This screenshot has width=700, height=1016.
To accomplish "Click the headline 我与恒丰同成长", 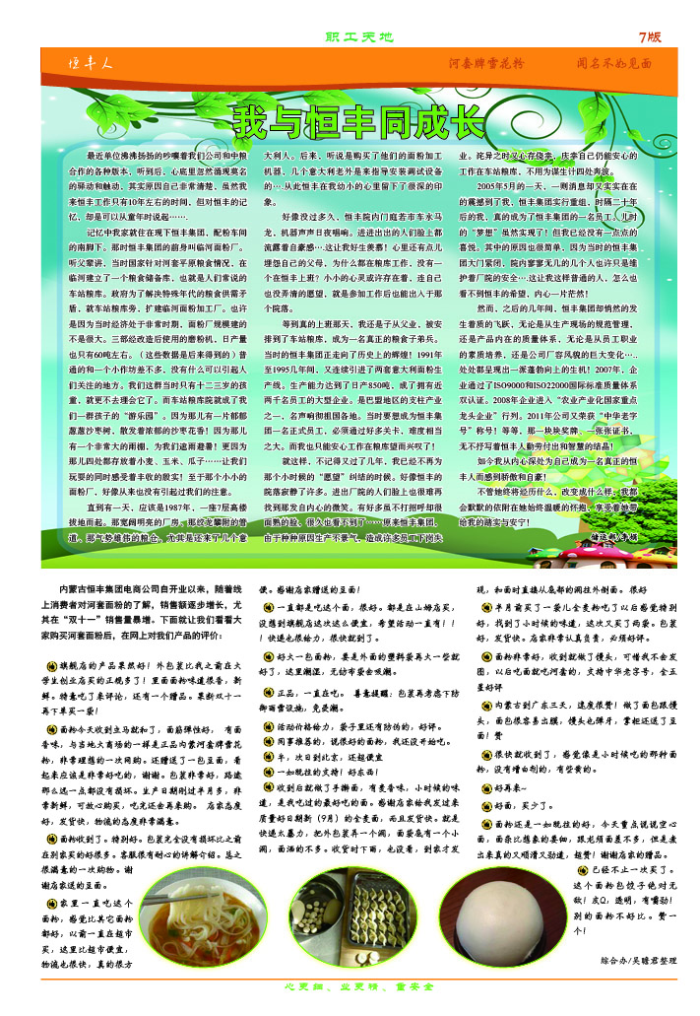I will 358,122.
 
